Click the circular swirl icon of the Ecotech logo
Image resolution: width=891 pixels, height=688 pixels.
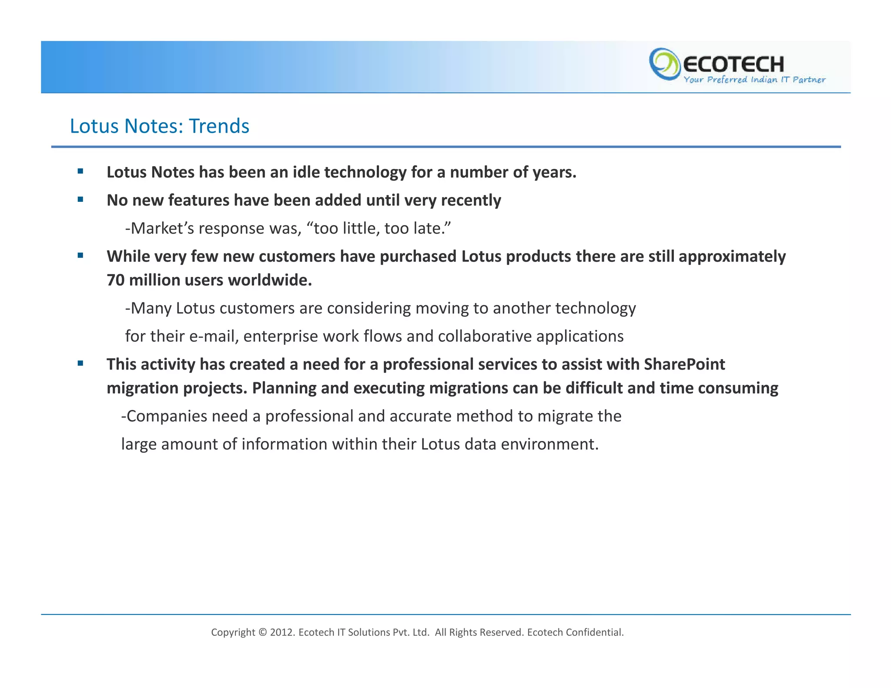(x=664, y=64)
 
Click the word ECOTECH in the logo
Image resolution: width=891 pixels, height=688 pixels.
(x=733, y=64)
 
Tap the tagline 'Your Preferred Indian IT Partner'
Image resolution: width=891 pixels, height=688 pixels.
(x=754, y=80)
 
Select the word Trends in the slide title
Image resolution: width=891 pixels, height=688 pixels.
(x=219, y=126)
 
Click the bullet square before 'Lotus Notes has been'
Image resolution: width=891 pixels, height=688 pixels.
(x=80, y=171)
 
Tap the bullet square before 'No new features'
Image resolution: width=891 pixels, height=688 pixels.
(x=80, y=200)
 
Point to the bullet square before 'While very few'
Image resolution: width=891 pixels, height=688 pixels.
(x=80, y=255)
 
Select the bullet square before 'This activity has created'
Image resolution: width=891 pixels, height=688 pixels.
(x=80, y=363)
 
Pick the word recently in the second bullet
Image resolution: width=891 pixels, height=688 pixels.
(x=471, y=200)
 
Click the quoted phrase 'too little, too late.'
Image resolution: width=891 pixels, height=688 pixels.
(x=382, y=228)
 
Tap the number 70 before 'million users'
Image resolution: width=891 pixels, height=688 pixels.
(x=115, y=280)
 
